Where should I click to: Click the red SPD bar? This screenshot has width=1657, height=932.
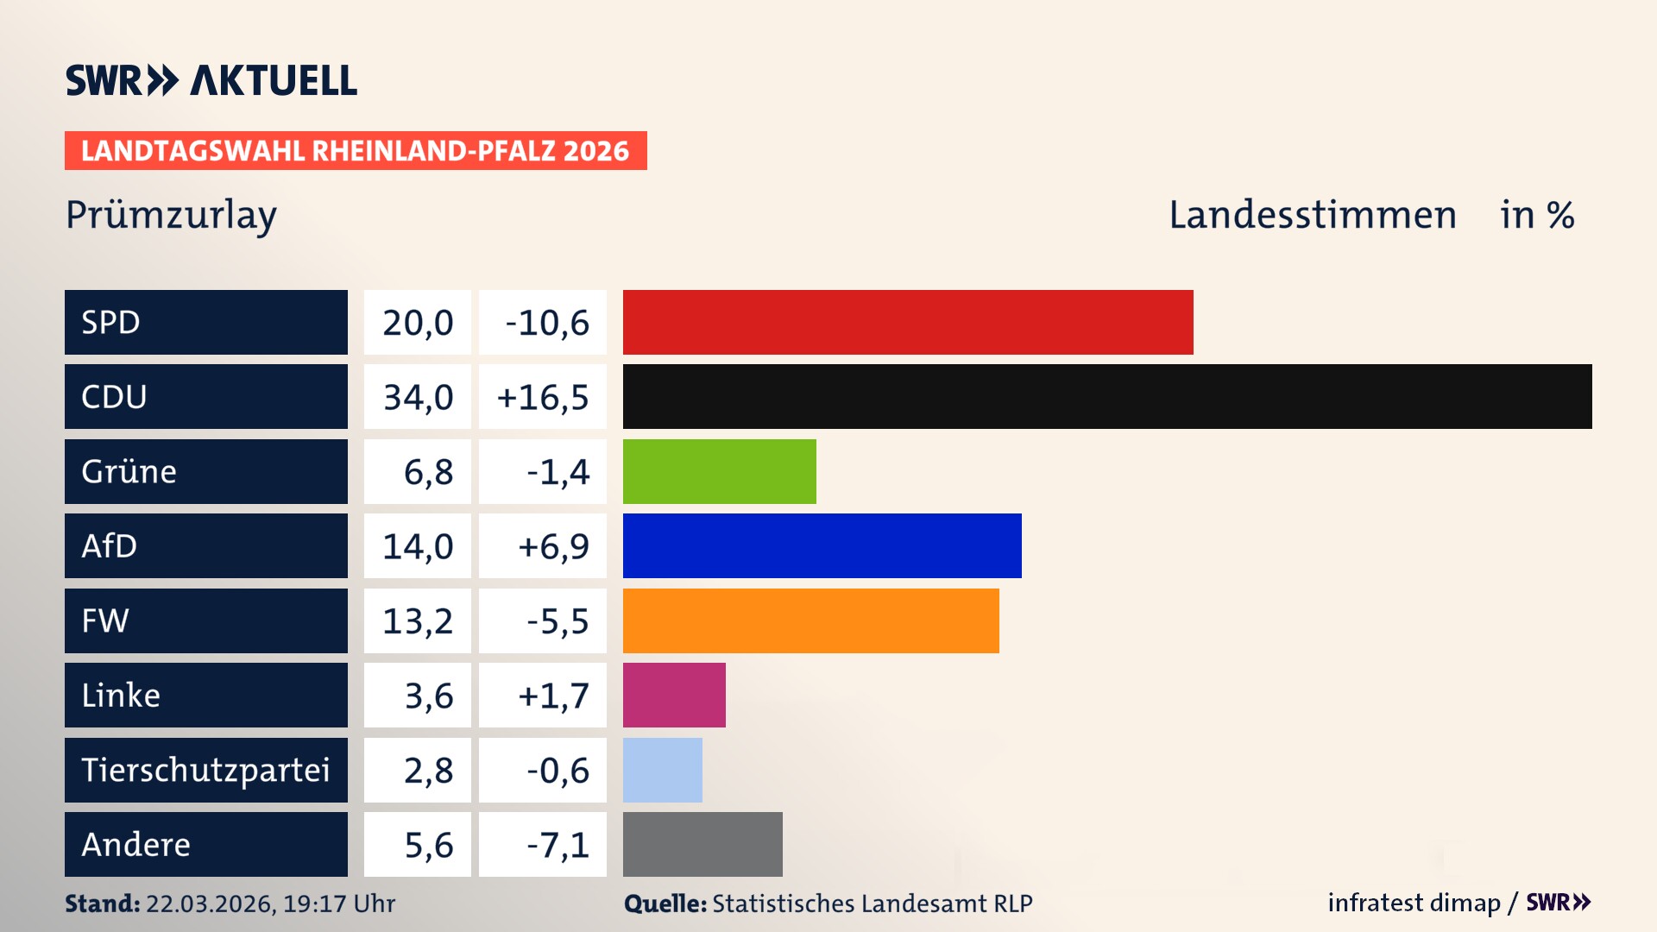[908, 322]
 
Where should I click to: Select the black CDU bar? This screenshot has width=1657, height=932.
[1107, 397]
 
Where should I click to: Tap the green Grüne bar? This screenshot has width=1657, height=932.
[719, 471]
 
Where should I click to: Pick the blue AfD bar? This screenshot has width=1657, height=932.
[822, 545]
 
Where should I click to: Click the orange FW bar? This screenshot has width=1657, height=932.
[810, 620]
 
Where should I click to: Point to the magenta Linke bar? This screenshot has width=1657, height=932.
[674, 695]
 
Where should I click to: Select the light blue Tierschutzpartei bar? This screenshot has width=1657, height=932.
[662, 770]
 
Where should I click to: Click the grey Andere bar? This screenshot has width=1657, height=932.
[702, 844]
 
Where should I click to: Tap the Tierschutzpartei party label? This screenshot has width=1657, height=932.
[205, 770]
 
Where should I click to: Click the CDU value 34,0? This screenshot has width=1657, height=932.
[418, 397]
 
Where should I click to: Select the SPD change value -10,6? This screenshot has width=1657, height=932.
[546, 323]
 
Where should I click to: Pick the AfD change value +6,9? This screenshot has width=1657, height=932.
[552, 546]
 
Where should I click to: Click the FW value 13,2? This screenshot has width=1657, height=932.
[418, 620]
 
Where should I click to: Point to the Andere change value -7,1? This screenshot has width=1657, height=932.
[558, 845]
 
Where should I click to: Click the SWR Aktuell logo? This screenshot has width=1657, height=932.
[211, 80]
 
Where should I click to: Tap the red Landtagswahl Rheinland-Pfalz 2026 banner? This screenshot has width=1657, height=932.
[356, 151]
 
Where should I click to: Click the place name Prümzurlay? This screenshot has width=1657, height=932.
[171, 215]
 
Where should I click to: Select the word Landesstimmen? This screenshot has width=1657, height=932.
[1312, 215]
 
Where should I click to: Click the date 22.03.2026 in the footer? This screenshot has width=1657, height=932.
[210, 904]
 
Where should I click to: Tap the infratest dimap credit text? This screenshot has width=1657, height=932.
[1413, 903]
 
